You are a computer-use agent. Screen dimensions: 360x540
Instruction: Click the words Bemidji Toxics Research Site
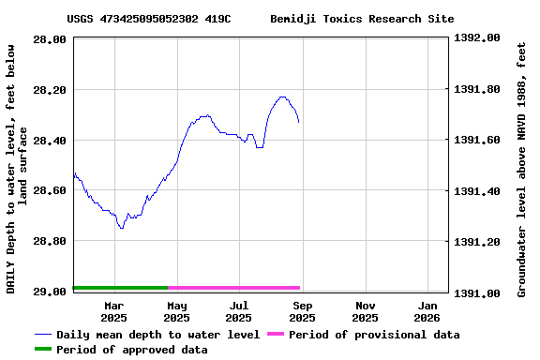point(362,19)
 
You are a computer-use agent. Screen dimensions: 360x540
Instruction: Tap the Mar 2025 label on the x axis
point(113,311)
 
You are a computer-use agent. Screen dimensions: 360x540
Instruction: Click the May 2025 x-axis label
point(176,311)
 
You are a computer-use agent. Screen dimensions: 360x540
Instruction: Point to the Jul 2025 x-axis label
point(239,311)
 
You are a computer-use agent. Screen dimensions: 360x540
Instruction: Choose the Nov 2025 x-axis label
point(366,311)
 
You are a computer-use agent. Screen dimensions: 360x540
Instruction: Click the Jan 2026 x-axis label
point(427,311)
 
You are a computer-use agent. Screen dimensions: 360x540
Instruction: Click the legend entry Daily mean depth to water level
point(157,335)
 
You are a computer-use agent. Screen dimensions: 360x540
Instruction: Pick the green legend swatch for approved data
point(43,350)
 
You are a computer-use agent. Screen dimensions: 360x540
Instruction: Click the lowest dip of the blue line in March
point(121,228)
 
